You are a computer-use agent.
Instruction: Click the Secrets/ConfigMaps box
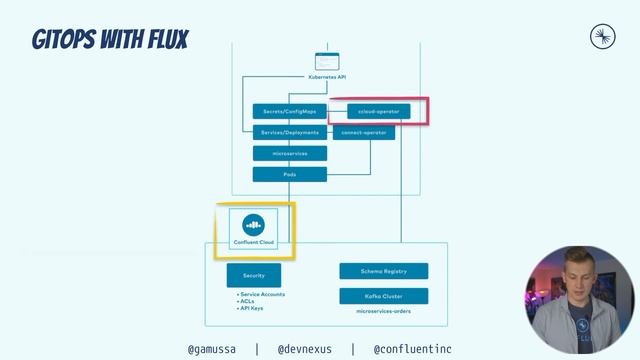point(289,111)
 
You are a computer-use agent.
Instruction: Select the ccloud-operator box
point(379,111)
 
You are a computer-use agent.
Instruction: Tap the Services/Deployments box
point(289,132)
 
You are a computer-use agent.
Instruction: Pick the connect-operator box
point(364,132)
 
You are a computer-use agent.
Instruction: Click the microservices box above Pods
point(289,153)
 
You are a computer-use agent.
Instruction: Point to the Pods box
point(289,174)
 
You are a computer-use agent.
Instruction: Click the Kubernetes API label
point(327,76)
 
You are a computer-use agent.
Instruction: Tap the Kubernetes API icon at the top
point(327,60)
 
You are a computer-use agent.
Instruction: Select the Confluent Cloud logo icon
point(253,223)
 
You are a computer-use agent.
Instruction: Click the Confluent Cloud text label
point(253,241)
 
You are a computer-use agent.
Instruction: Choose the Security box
point(254,275)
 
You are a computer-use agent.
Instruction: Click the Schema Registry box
point(384,271)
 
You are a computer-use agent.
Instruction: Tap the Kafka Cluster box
point(384,296)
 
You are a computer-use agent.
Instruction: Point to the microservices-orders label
point(384,312)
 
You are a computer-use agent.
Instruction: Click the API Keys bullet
point(252,308)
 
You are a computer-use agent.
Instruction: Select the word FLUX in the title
point(159,41)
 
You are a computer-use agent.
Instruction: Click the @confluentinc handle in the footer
point(412,349)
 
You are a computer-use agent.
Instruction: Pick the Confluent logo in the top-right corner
point(603,38)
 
